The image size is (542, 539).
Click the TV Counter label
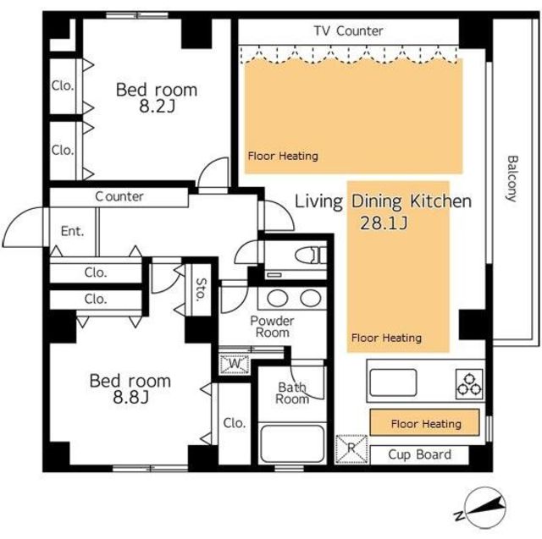pos(348,30)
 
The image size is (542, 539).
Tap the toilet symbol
pos(311,256)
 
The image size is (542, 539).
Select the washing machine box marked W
pos(235,364)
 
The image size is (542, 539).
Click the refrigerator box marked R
pos(351,448)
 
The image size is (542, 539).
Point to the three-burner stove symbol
pos(469,384)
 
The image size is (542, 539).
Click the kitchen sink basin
pos(393,382)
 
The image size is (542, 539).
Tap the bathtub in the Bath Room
pos(292,443)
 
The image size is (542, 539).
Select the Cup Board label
pos(420,454)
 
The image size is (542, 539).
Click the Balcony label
pos(512,179)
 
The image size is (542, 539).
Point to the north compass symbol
pos(482,508)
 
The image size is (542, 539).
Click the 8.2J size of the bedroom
pos(158,106)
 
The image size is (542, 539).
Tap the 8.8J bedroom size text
pos(131,397)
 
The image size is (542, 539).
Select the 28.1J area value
pos(384,223)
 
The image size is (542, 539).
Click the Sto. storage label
pos(201,289)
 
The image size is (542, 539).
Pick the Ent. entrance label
pos(72,231)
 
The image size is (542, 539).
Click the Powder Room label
pos(273,327)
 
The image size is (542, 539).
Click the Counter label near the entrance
pos(119,196)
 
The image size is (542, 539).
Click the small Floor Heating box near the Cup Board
pos(425,422)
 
